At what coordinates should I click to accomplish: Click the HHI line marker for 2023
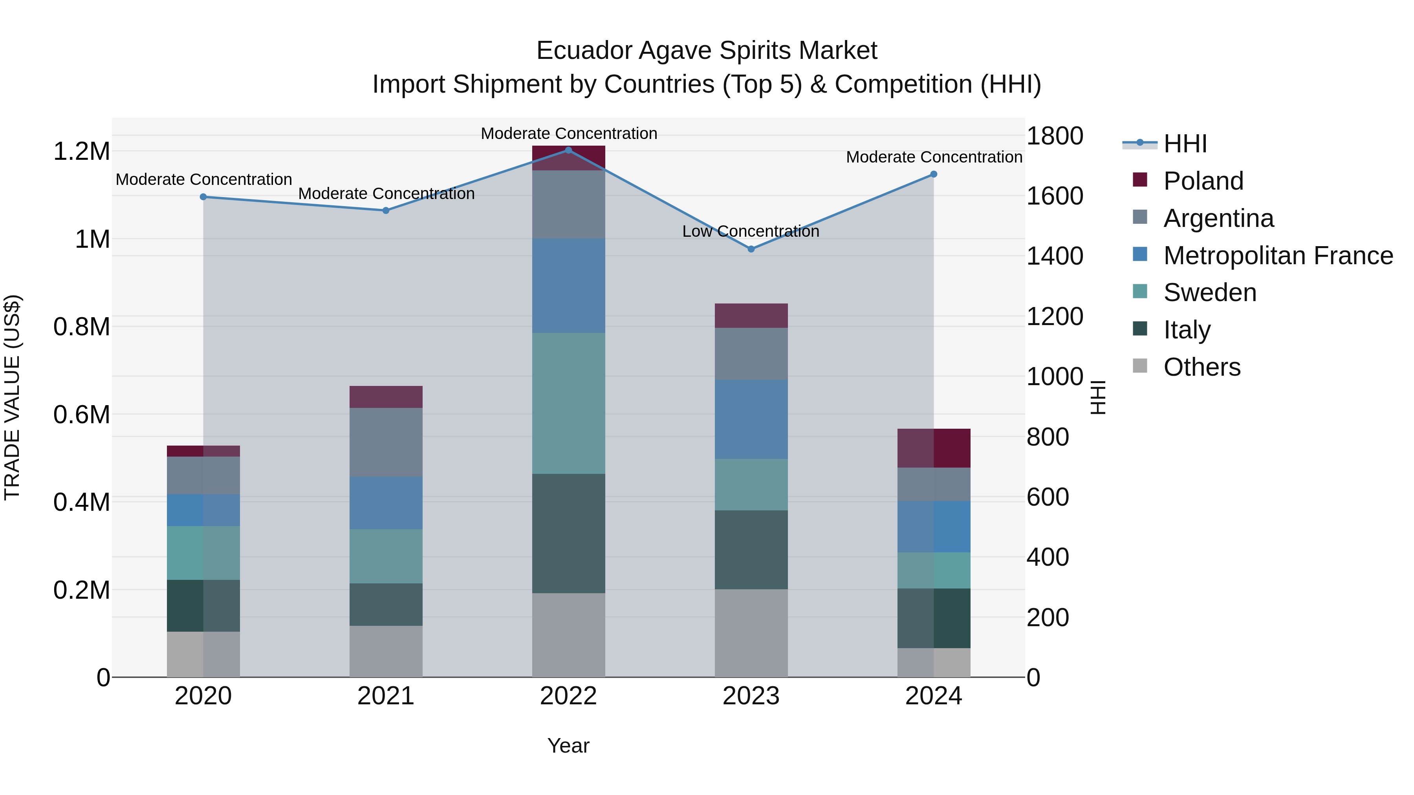(x=751, y=249)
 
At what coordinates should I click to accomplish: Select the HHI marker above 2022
(x=568, y=150)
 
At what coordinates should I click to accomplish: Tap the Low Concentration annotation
(x=750, y=232)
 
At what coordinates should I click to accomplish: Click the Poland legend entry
(x=1203, y=181)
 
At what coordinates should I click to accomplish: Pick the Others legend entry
(x=1202, y=367)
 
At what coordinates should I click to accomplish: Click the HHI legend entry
(x=1185, y=144)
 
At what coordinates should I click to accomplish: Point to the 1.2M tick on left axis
(x=82, y=152)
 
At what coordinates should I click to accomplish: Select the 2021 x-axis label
(x=385, y=696)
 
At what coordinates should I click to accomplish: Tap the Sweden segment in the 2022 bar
(x=568, y=403)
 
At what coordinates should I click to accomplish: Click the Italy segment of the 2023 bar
(x=751, y=550)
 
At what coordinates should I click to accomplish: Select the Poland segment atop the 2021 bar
(x=385, y=397)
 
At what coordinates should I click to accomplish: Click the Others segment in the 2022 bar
(x=568, y=635)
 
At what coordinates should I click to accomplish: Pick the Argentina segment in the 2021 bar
(x=385, y=442)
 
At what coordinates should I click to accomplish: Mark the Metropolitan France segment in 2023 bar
(x=751, y=419)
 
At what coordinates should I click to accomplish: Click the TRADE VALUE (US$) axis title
(x=12, y=397)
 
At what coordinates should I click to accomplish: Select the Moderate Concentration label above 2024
(x=934, y=157)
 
